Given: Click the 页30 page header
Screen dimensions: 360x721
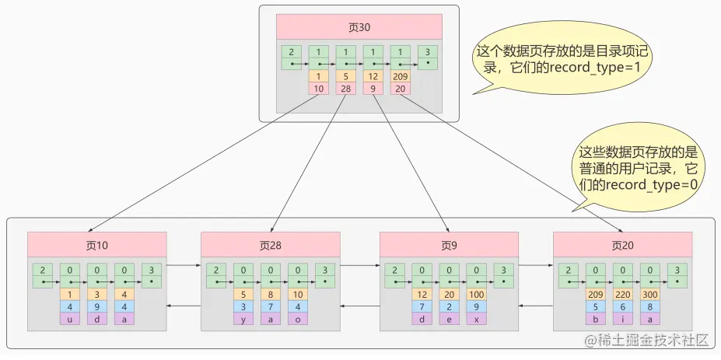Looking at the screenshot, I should (359, 26).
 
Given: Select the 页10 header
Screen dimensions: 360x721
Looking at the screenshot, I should (96, 245).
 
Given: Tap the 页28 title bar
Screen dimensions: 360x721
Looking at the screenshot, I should (271, 245).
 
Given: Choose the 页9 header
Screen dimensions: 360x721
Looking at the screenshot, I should (449, 245).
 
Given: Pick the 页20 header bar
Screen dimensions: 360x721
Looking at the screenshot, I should (623, 245).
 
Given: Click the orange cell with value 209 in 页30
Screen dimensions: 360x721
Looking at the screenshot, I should (401, 76).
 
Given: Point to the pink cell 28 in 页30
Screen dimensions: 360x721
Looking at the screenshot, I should (345, 89).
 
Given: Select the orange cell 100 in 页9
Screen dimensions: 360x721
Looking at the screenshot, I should (476, 295).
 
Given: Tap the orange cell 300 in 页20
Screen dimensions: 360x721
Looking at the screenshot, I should (650, 295).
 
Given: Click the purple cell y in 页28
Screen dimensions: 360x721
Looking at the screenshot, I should (243, 319).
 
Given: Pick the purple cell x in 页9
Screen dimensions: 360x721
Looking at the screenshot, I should (476, 319).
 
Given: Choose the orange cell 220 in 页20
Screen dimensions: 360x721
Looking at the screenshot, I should (623, 295).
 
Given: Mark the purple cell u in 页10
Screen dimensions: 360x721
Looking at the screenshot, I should (69, 319).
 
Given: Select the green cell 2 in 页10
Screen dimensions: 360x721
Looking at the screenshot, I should (42, 275).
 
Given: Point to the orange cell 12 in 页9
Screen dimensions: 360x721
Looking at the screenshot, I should (422, 295).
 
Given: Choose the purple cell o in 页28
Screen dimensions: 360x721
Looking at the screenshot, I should (298, 319).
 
